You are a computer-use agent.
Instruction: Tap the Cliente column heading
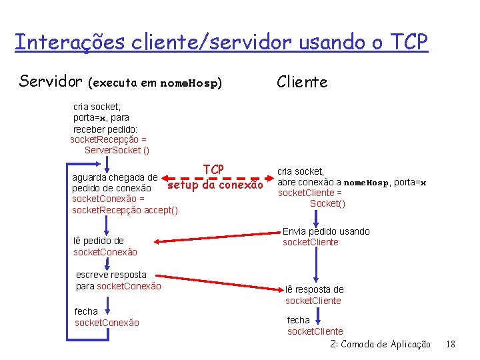302,82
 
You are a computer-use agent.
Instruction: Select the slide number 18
450,344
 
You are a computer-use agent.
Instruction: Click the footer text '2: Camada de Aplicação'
380,344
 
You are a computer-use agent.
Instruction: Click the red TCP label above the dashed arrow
213,169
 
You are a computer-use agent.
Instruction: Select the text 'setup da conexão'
215,185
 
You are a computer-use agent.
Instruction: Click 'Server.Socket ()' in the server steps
117,150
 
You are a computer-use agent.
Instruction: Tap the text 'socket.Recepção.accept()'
125,210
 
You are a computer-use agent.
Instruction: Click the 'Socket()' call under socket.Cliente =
327,203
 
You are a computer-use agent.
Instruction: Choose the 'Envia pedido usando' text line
326,231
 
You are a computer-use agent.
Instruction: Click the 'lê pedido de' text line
99,241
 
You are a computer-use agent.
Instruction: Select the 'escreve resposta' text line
111,275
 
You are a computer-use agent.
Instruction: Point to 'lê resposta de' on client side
315,289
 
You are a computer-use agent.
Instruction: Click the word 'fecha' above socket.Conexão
86,311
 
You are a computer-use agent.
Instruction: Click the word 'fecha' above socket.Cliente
298,320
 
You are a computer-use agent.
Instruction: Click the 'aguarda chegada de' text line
115,177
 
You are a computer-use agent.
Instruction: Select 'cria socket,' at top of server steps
97,105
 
